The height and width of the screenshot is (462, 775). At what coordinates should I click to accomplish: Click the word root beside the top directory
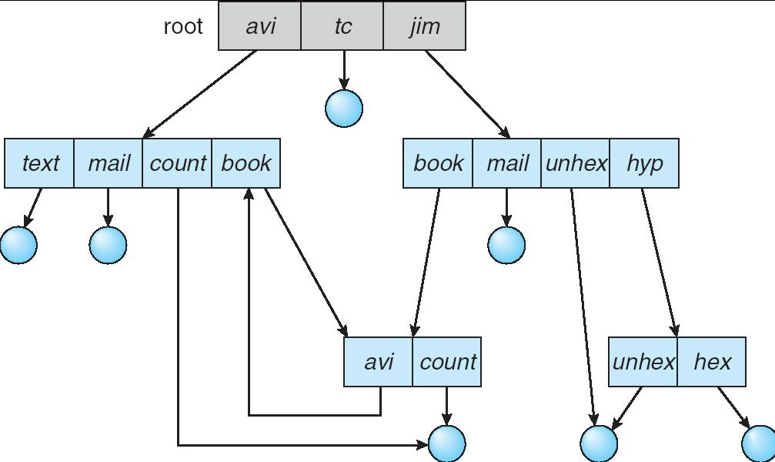[183, 26]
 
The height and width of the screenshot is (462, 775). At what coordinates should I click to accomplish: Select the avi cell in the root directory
[260, 26]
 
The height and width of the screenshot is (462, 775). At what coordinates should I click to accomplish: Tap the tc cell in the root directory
[342, 26]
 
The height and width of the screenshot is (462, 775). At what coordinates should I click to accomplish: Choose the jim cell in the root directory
[424, 26]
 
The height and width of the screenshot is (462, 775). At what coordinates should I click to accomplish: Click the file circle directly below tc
[343, 108]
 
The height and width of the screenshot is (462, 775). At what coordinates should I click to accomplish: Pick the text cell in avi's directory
[40, 163]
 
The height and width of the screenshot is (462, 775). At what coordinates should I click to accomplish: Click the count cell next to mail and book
[177, 163]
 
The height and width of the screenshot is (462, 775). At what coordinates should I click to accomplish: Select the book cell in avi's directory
[246, 163]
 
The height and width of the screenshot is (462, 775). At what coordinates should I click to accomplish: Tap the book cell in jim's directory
[438, 163]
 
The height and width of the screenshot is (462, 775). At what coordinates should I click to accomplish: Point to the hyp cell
[644, 163]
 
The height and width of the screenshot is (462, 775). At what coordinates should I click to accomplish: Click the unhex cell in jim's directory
[576, 163]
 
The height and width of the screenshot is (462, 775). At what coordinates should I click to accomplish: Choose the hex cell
[712, 361]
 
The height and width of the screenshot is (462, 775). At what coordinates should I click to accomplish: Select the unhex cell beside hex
[643, 361]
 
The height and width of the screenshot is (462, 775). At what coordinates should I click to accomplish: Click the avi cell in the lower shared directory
[378, 361]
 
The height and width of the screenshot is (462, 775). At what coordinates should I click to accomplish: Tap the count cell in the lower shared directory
[447, 361]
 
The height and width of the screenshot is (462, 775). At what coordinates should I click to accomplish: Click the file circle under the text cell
[18, 246]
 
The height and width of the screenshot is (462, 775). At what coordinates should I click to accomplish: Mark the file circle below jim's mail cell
[506, 246]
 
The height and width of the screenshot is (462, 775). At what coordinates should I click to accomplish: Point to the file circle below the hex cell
[759, 444]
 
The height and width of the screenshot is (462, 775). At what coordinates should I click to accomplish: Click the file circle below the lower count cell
[446, 444]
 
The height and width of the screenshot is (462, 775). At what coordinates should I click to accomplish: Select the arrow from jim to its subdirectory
[466, 93]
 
